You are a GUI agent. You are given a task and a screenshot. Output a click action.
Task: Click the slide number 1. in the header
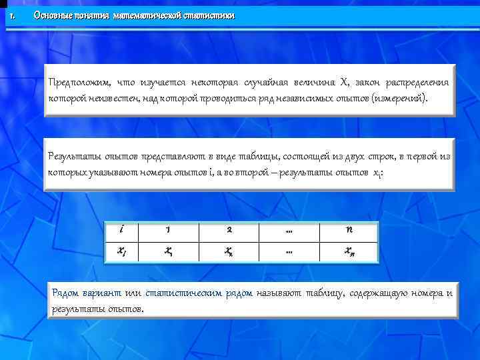point(11,15)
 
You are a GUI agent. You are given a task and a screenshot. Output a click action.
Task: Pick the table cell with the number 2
point(229,230)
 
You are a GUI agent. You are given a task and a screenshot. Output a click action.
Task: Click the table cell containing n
point(349,230)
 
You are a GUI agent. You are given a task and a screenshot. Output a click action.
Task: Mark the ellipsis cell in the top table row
point(289,230)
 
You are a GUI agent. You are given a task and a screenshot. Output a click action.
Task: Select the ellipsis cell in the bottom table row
point(289,251)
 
